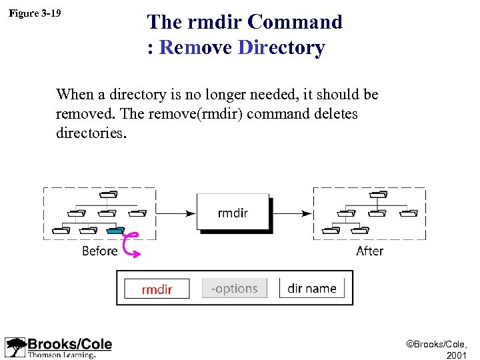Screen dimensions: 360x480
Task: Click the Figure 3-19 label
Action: [35, 12]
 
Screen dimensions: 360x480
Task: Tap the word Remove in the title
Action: [195, 48]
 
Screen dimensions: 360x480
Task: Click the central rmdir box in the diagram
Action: [233, 213]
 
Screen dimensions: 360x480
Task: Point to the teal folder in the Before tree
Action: [115, 230]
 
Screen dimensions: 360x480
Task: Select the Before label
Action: [99, 251]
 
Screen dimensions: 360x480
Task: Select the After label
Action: [369, 251]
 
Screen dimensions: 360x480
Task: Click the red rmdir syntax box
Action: [157, 289]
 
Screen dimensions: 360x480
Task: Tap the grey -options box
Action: [234, 289]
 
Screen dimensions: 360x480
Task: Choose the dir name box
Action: [311, 289]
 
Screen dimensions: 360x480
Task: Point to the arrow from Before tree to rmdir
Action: [175, 213]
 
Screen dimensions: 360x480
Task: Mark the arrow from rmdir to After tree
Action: [292, 213]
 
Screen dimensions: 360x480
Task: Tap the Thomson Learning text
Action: [61, 355]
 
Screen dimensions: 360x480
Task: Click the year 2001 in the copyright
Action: [457, 355]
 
